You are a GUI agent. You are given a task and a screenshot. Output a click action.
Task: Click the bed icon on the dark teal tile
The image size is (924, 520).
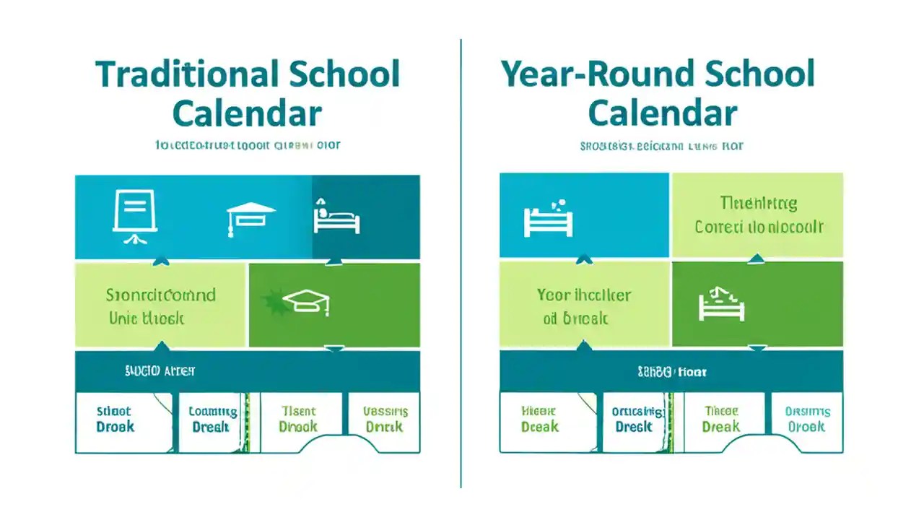336,217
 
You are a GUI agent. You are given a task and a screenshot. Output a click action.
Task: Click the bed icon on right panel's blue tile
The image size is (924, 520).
548,220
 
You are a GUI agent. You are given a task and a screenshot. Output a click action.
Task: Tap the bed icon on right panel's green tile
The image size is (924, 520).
721,305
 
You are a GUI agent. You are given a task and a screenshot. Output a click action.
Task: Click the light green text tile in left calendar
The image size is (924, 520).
160,305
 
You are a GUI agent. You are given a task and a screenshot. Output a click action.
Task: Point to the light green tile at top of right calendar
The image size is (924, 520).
757,215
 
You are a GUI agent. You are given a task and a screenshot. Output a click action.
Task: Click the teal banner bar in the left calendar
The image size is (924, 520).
247,371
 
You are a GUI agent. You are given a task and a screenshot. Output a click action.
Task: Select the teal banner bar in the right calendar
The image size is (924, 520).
671,371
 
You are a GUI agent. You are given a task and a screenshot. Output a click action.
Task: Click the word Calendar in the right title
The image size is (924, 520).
662,114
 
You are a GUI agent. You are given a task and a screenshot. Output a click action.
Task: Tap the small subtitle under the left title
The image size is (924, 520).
247,145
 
